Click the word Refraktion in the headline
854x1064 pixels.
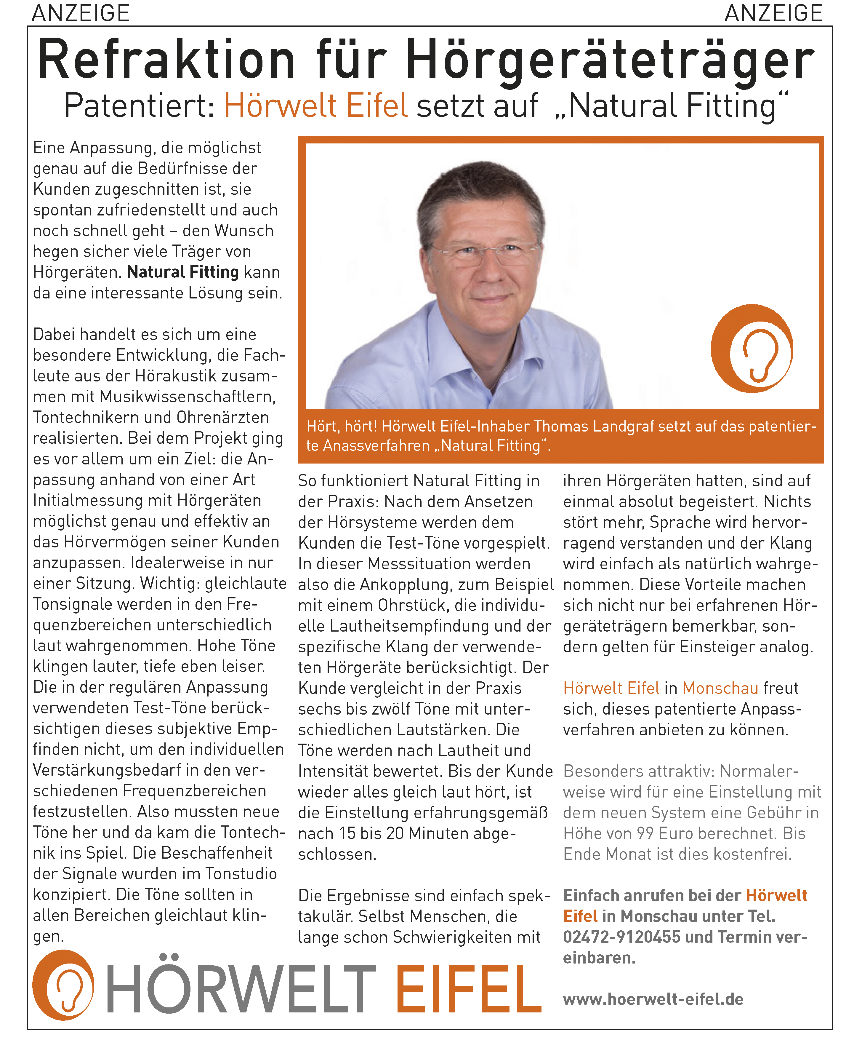166,60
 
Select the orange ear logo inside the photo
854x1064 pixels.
752,349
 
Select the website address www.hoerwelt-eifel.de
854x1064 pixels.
653,999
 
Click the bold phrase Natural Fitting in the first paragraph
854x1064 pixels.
182,272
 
